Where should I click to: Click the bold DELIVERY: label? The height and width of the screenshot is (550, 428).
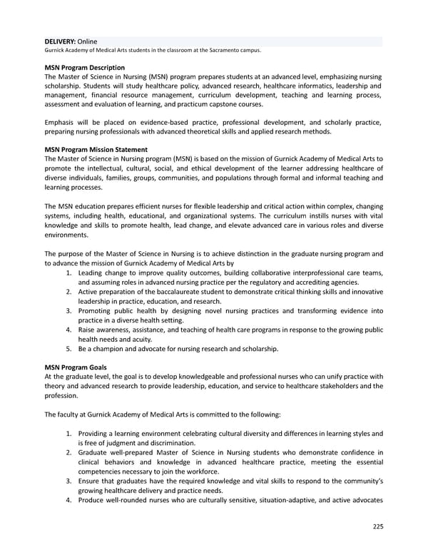(x=59, y=41)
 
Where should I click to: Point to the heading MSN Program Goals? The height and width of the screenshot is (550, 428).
(x=74, y=367)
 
